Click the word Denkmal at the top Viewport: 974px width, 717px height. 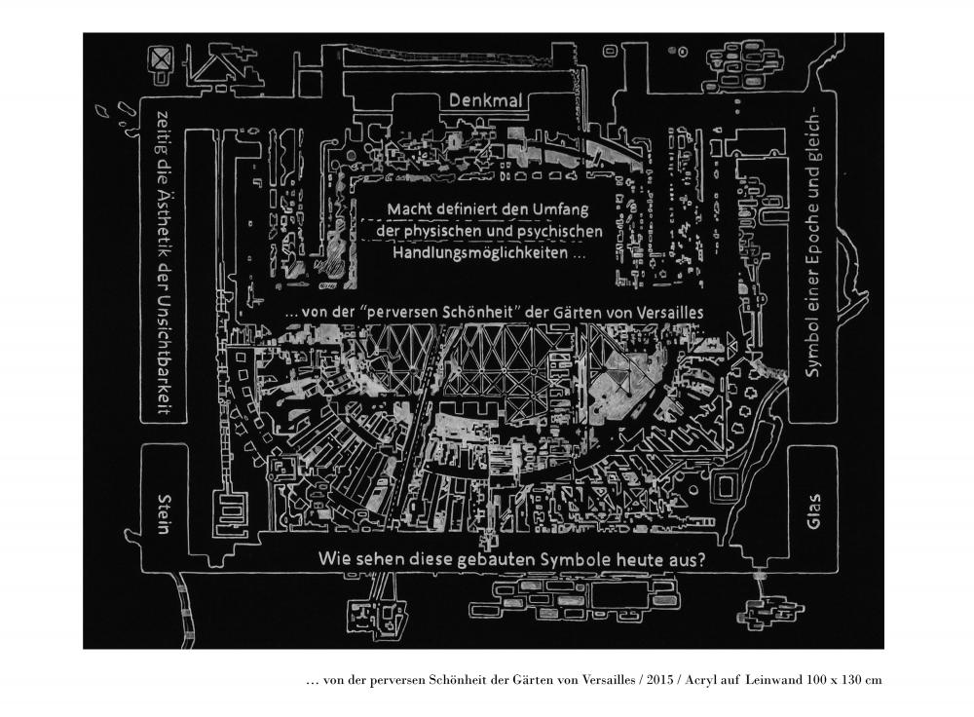click(485, 100)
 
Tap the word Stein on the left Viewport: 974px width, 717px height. click(164, 513)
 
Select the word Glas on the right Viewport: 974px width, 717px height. click(812, 511)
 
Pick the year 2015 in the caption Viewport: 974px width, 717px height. click(659, 680)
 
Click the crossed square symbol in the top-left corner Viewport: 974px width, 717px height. click(162, 60)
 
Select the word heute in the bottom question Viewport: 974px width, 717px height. click(640, 559)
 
